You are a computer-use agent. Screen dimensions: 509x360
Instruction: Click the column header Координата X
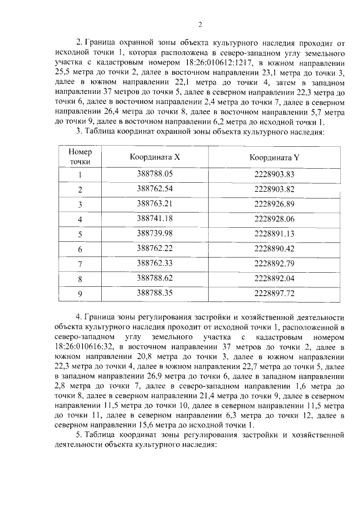pos(155,157)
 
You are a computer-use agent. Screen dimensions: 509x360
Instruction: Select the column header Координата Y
pos(274,157)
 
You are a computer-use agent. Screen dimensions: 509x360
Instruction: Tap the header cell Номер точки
pos(80,157)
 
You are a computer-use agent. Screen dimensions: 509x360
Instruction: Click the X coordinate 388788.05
pos(155,174)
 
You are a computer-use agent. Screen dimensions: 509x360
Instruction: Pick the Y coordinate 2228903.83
pos(274,174)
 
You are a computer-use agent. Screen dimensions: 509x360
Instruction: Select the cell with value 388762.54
pos(155,189)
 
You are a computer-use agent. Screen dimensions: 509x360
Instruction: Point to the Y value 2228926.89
pos(274,204)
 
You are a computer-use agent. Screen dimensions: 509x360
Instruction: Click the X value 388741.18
pos(155,219)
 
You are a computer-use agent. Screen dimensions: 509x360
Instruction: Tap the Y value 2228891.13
pos(274,233)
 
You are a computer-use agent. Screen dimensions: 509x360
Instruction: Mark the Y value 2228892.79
pos(274,263)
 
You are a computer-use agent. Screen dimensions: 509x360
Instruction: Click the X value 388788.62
pos(155,278)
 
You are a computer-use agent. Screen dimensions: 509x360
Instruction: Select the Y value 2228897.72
pos(274,292)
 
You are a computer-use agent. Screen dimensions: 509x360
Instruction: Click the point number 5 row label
pos(80,233)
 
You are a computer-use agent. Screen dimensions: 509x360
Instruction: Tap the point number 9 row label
pos(80,292)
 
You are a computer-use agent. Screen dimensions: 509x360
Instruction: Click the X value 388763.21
pos(155,204)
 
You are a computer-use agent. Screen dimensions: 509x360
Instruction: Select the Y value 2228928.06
pos(274,219)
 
